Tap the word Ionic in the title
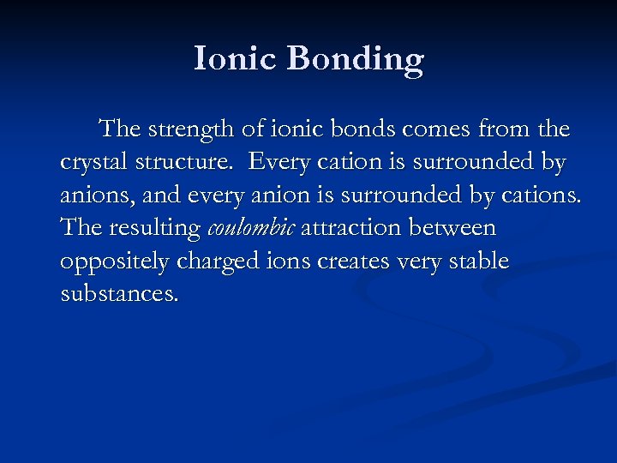(236, 59)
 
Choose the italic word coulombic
(251, 229)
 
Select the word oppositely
(110, 262)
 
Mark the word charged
(216, 262)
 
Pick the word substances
(120, 294)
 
